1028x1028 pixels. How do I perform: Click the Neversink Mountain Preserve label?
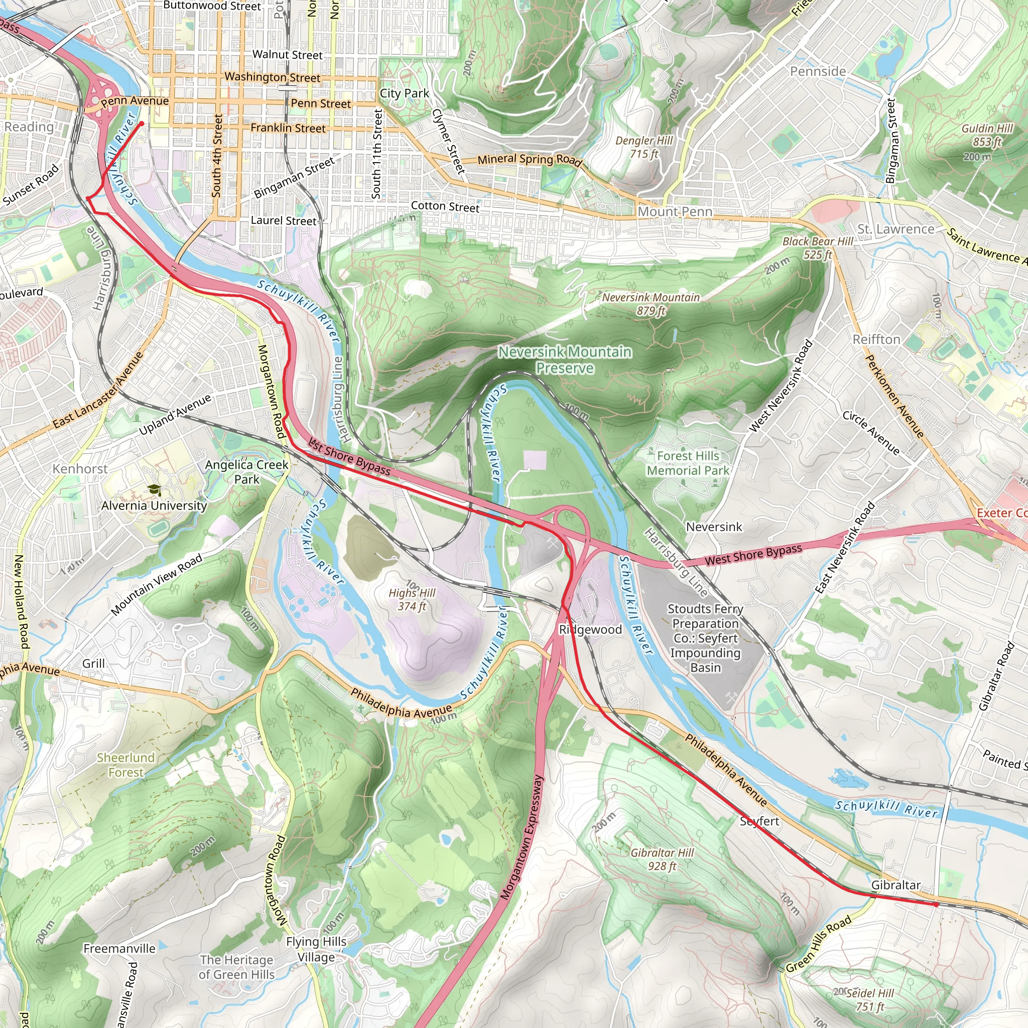[565, 360]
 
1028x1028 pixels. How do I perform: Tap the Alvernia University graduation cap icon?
[154, 490]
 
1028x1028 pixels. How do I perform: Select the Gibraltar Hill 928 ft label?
[662, 859]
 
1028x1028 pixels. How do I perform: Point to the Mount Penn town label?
[675, 212]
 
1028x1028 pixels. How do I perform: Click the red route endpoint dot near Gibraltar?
[937, 905]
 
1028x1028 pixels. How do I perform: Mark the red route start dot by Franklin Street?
[142, 124]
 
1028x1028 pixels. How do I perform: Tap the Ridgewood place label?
[590, 629]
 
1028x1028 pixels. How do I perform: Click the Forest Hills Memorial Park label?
[688, 463]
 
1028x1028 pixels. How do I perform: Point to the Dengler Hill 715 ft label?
[644, 148]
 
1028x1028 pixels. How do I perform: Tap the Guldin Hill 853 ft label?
[987, 135]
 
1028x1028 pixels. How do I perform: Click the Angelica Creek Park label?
[247, 472]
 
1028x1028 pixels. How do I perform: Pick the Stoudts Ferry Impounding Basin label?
[705, 638]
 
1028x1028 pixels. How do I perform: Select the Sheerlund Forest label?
[126, 764]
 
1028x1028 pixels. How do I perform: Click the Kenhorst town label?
[80, 469]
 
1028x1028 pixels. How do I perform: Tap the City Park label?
[404, 93]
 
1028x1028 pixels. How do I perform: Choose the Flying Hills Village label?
[316, 949]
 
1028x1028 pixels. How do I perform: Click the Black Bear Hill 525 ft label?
[817, 248]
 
